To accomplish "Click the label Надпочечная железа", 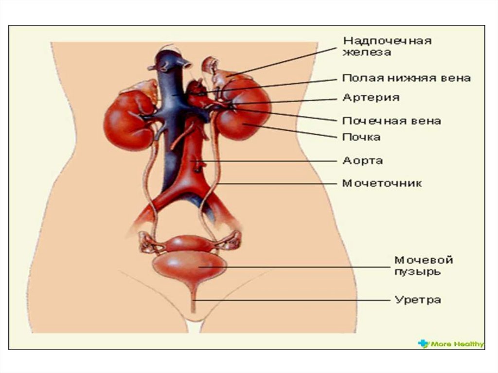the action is point(387,46).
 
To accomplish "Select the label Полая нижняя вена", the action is point(406,78).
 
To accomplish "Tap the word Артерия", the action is point(371,97).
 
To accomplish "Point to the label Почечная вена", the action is point(391,120).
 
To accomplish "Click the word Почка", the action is point(361,137).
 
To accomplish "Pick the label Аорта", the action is point(363,160).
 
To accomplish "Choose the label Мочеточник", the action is point(382,183).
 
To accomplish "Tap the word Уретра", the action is point(417,300).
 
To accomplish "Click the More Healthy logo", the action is point(451,344).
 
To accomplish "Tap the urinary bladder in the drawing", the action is point(190,265).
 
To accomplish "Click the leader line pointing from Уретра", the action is point(292,300).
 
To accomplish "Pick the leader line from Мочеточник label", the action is point(277,184).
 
